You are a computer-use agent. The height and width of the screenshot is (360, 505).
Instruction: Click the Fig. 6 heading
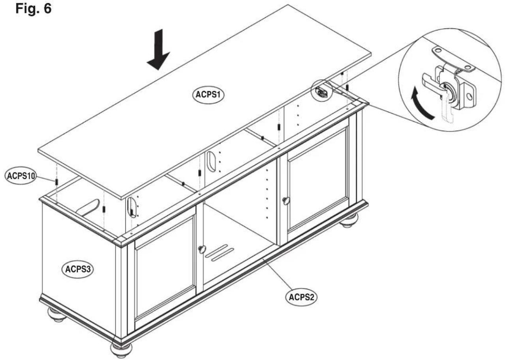click(x=34, y=9)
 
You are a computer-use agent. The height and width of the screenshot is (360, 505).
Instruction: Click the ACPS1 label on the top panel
click(x=209, y=95)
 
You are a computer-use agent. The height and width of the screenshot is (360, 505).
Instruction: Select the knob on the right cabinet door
click(x=286, y=201)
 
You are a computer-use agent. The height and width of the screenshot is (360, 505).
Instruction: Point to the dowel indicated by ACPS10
click(x=56, y=182)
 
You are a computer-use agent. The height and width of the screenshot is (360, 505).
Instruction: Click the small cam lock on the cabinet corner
click(x=322, y=92)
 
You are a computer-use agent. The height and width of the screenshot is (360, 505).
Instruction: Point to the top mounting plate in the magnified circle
click(x=453, y=59)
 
